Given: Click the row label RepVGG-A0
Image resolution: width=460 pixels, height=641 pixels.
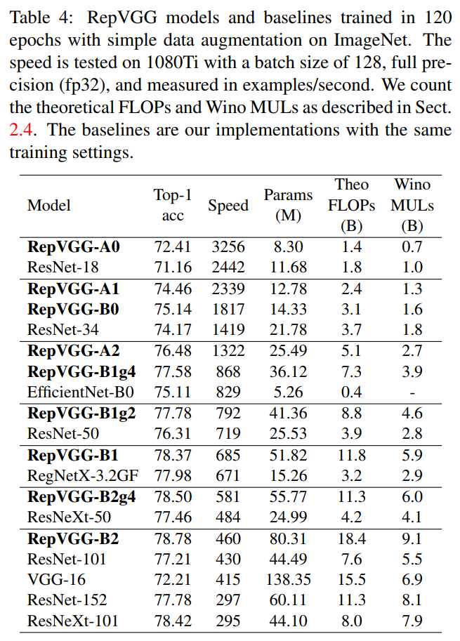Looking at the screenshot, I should coord(74,247).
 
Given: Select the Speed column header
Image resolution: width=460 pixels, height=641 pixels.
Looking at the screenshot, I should coord(228,205).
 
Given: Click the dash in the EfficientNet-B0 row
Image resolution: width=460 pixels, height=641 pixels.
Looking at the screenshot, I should coord(413,393).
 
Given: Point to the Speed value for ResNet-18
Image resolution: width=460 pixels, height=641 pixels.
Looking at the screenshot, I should coord(228,267).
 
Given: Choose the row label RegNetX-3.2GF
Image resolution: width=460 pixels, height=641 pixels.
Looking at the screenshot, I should coord(83,476).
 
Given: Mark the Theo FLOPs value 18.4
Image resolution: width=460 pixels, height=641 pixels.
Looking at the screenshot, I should coord(352,539).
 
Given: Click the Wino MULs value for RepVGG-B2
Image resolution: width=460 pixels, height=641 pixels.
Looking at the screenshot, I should coord(413,539).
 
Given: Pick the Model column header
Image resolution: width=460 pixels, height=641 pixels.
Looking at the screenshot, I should coord(49,205).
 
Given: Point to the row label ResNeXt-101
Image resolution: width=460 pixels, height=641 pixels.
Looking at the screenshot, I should coord(73,621).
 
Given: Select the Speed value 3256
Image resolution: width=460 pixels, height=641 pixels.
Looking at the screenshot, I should coord(228,247).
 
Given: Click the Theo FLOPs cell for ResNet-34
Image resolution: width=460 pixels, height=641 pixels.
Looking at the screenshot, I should coord(352,330).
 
